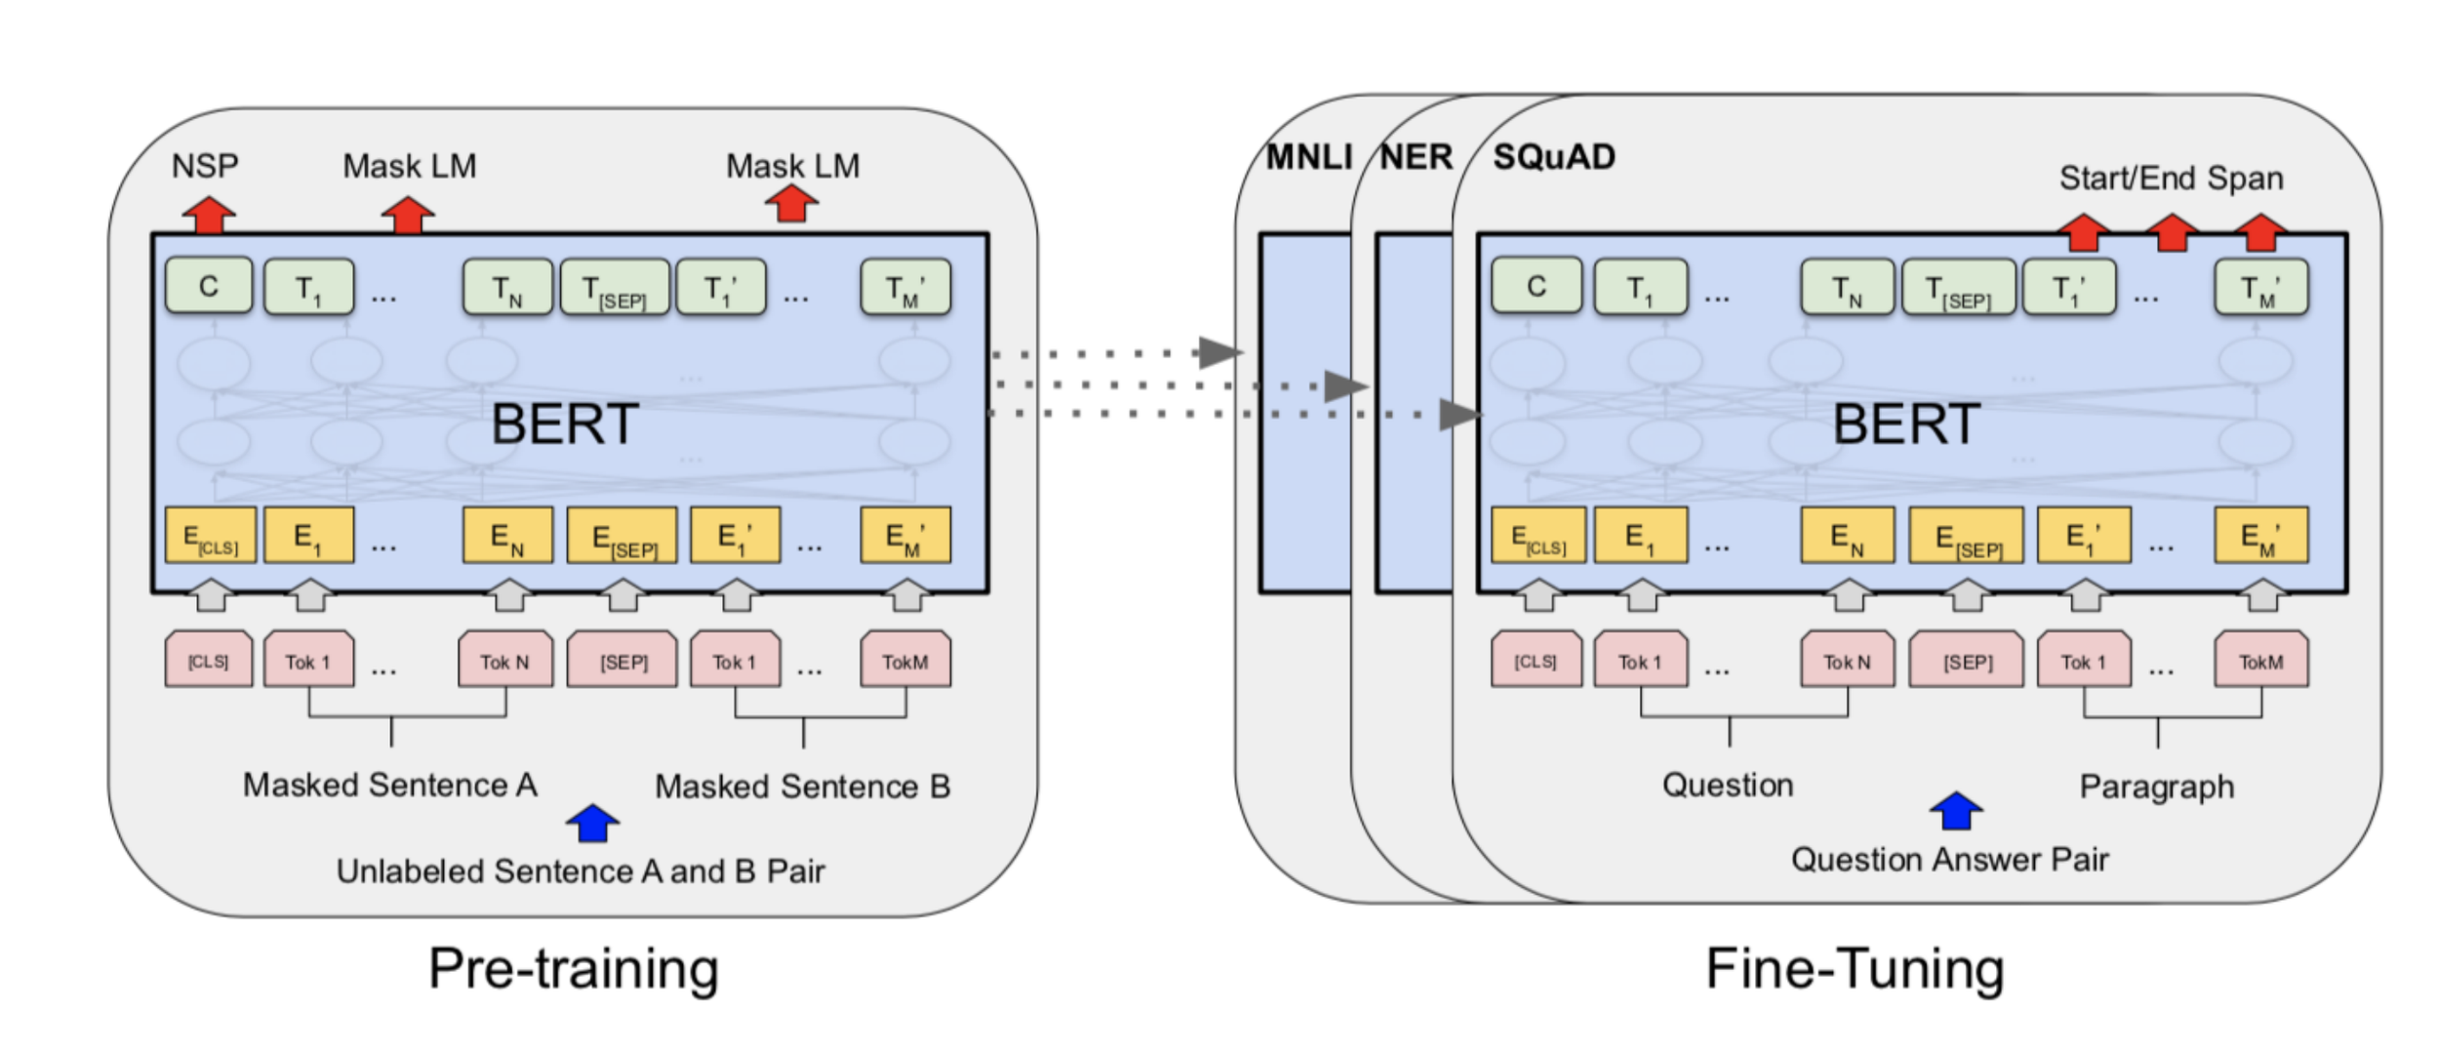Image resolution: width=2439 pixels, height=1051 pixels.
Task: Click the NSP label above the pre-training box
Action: [205, 166]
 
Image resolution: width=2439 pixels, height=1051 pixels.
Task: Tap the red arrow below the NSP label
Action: [209, 215]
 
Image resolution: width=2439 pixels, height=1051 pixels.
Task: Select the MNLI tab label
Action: [1308, 157]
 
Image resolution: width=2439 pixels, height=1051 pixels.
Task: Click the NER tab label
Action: [1417, 157]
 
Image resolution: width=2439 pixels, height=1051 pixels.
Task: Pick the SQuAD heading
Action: [1554, 157]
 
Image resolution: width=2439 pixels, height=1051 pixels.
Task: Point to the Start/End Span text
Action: [2171, 179]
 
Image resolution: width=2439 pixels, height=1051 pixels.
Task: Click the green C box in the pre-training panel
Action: [209, 286]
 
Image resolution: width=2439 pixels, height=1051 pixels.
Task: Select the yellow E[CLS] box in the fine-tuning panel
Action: [1539, 535]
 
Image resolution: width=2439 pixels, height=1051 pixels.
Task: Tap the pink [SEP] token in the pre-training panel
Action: [622, 662]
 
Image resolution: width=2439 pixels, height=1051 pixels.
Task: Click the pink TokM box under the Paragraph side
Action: [2261, 662]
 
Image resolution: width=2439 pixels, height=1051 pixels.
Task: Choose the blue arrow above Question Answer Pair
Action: [1956, 810]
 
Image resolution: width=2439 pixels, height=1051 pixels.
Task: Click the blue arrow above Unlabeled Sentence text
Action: [593, 823]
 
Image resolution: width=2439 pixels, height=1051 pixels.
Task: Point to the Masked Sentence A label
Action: [390, 785]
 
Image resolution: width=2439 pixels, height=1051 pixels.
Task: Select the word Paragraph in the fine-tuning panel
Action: [2156, 787]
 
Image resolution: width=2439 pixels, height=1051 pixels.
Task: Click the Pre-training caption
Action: [574, 968]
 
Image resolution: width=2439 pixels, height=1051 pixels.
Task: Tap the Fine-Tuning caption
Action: [1855, 968]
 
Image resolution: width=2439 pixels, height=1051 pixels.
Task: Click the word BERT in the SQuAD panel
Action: [1906, 424]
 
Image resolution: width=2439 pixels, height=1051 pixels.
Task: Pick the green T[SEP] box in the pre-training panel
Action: [616, 287]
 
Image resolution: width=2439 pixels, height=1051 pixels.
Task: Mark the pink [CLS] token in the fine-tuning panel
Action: [1536, 662]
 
